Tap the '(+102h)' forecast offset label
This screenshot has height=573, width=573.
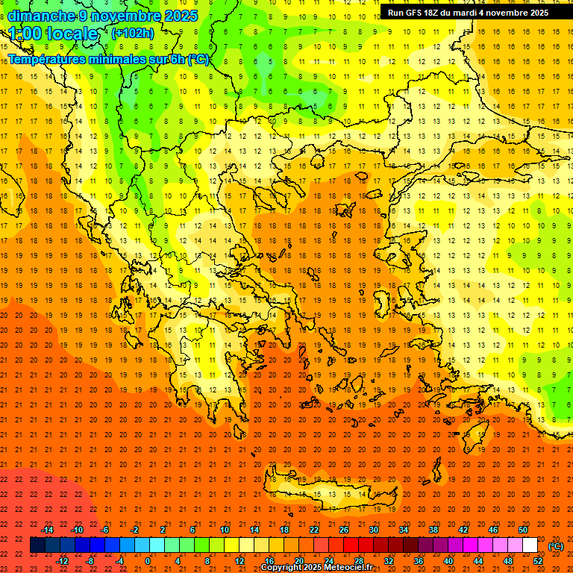coord(132,33)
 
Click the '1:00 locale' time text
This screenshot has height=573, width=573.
coord(53,34)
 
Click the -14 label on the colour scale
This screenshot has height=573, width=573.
coord(47,530)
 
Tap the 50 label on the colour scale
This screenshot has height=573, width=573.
coord(522,530)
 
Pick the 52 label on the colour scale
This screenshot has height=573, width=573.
coord(538,560)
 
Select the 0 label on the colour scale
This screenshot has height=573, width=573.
coord(148,560)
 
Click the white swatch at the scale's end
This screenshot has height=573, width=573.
coord(530,545)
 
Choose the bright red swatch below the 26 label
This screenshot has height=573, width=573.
coord(351,545)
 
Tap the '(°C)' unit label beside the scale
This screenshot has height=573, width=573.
coord(556,545)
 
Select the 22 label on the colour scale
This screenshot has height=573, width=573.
coord(314,530)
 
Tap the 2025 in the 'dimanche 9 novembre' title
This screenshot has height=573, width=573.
coord(181,16)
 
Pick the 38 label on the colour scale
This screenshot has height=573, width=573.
coord(433,530)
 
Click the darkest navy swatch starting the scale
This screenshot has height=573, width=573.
coord(37,545)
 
